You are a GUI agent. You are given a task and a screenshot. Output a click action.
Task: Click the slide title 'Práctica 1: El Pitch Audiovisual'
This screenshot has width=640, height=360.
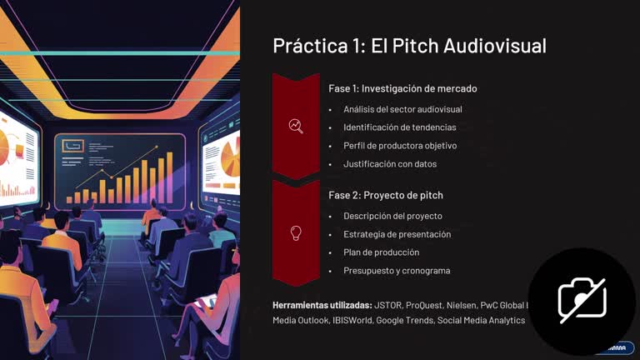click(409, 46)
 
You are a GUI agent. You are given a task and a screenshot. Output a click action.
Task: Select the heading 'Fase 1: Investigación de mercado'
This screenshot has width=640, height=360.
click(403, 88)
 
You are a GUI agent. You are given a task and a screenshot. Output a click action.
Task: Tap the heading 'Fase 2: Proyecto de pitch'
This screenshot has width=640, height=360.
click(386, 195)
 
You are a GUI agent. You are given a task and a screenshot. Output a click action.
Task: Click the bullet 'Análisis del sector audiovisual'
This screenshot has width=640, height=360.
click(402, 109)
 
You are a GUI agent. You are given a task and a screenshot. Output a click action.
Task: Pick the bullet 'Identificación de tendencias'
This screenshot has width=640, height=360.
click(399, 127)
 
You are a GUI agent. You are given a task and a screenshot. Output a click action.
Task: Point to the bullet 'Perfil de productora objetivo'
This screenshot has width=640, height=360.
click(400, 146)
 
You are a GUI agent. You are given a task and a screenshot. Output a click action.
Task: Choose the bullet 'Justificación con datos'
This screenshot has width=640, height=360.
click(389, 164)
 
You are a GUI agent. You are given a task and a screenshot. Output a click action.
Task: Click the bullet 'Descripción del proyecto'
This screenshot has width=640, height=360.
click(392, 216)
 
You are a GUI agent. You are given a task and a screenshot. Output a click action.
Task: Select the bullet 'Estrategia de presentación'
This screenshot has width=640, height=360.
click(397, 234)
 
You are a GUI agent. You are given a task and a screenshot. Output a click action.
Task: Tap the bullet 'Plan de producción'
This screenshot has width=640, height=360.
click(381, 252)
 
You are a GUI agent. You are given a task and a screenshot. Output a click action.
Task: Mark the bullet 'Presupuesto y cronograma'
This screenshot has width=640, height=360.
click(397, 271)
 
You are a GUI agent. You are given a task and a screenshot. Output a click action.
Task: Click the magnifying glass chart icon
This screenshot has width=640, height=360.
click(296, 126)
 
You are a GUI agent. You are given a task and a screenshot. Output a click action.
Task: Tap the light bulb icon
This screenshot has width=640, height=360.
click(296, 232)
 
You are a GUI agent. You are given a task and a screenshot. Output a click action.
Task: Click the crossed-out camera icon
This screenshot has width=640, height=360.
click(582, 301)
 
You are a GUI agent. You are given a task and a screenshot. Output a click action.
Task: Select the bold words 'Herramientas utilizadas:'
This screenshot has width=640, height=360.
click(322, 304)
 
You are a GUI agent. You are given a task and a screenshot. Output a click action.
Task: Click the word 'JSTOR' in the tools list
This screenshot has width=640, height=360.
click(388, 304)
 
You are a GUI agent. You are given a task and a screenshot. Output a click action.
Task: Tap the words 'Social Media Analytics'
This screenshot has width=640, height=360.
click(481, 320)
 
